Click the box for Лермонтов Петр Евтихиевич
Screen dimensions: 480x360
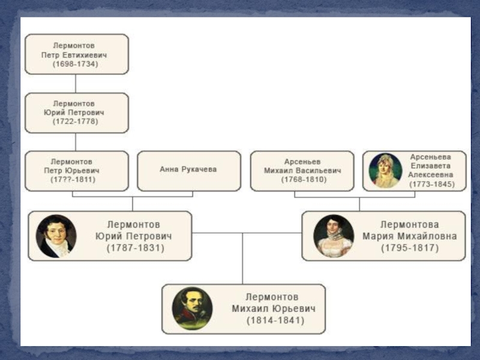pyautogui.click(x=76, y=53)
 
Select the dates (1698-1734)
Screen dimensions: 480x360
pyautogui.click(x=75, y=64)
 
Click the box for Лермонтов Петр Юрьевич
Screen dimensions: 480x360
pyautogui.click(x=76, y=170)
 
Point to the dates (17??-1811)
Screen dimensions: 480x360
pyautogui.click(x=73, y=179)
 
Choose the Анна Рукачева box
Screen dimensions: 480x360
pyautogui.click(x=188, y=170)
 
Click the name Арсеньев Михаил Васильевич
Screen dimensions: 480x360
pyautogui.click(x=302, y=166)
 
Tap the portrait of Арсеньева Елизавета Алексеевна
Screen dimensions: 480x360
pyautogui.click(x=386, y=170)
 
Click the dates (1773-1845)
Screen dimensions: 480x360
pyautogui.click(x=431, y=184)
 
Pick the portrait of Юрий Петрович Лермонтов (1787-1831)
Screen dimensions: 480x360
pyautogui.click(x=55, y=236)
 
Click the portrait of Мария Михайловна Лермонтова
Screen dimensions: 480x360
pyautogui.click(x=334, y=236)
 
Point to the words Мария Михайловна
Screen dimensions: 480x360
pyautogui.click(x=409, y=236)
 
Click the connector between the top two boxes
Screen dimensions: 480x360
pyautogui.click(x=76, y=83)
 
